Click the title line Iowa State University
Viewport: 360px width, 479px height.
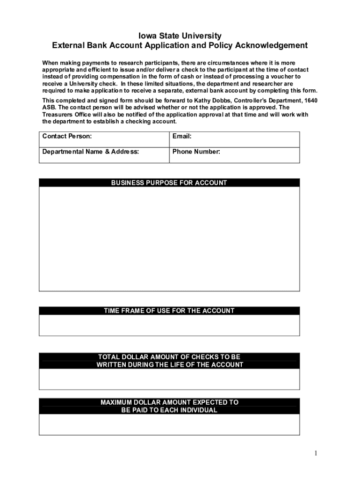pyautogui.click(x=180, y=36)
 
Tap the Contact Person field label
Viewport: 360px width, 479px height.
pyautogui.click(x=67, y=136)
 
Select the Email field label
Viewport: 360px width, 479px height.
pyautogui.click(x=182, y=136)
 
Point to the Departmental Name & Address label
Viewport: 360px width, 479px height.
pyautogui.click(x=90, y=152)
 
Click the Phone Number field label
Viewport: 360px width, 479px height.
pyautogui.click(x=196, y=152)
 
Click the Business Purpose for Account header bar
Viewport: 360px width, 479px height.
pyautogui.click(x=169, y=183)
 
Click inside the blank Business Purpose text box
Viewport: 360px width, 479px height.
pyautogui.click(x=169, y=239)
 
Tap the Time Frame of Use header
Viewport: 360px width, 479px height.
pyautogui.click(x=169, y=311)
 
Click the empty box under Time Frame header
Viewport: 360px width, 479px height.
pyautogui.click(x=169, y=325)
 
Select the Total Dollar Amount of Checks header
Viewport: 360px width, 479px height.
pyautogui.click(x=169, y=361)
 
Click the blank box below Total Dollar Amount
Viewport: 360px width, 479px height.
pyautogui.click(x=169, y=379)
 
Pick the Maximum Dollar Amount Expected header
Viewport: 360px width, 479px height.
pyautogui.click(x=169, y=406)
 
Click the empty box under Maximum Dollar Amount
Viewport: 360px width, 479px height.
pyautogui.click(x=169, y=424)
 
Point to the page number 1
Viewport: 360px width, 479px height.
pyautogui.click(x=316, y=453)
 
